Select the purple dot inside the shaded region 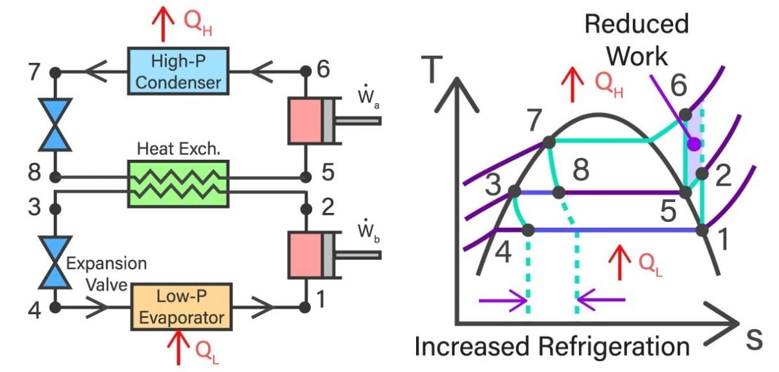click(694, 143)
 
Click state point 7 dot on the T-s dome click(548, 142)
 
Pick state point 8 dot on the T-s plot click(558, 192)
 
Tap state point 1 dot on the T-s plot click(702, 229)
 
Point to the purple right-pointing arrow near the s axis click(503, 300)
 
